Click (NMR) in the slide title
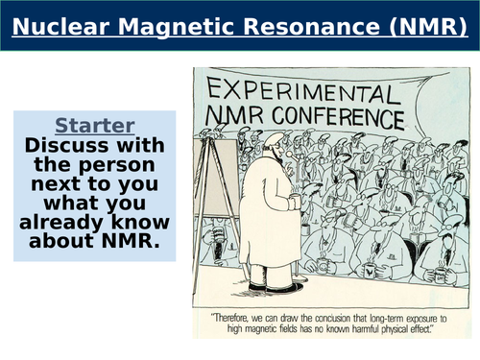click(x=422, y=27)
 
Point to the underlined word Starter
click(x=94, y=126)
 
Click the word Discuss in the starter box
click(x=66, y=145)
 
